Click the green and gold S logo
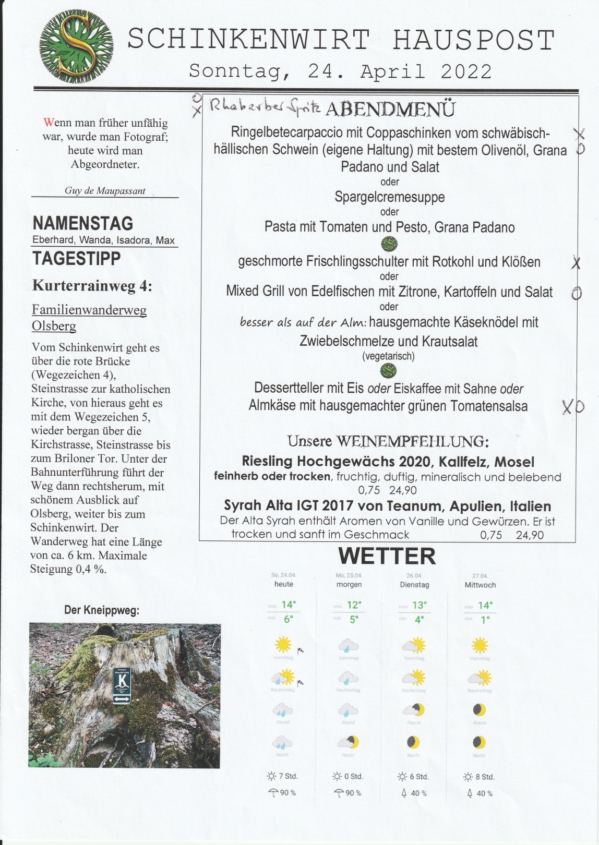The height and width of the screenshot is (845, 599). coord(76,47)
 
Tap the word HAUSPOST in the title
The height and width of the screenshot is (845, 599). coord(473,40)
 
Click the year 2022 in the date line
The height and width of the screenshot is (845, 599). coord(466,71)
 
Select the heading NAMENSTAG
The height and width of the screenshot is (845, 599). coord(83,223)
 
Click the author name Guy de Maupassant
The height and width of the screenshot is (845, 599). coord(105,190)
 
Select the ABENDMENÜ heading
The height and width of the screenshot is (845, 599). coord(390,109)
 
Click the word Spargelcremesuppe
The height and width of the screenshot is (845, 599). coord(390,197)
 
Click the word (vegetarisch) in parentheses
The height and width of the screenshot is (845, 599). coord(388,356)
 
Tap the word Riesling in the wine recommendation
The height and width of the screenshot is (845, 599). coord(267,461)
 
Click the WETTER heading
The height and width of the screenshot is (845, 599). coord(387,556)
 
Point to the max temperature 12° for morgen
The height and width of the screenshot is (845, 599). coord(354,605)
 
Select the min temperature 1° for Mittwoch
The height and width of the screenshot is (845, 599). coord(485,620)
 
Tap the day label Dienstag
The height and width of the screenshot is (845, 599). coord(414,585)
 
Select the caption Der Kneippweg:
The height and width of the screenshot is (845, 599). coord(102,610)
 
